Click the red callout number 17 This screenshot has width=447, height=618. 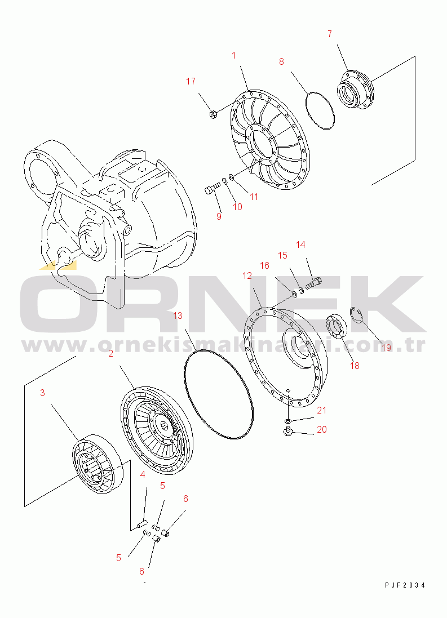point(191,81)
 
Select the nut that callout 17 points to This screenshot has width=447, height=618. point(212,115)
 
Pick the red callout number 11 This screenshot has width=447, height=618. point(254,196)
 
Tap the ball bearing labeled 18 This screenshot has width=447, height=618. point(336,326)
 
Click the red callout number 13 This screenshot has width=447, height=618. point(178,315)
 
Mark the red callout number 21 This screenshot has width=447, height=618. point(322,410)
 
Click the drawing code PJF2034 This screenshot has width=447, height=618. point(405,585)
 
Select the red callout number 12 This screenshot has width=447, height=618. point(247,276)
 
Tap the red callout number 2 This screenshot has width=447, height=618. point(111,354)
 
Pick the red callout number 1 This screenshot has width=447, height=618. point(233,56)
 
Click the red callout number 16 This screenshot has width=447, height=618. point(264,266)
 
